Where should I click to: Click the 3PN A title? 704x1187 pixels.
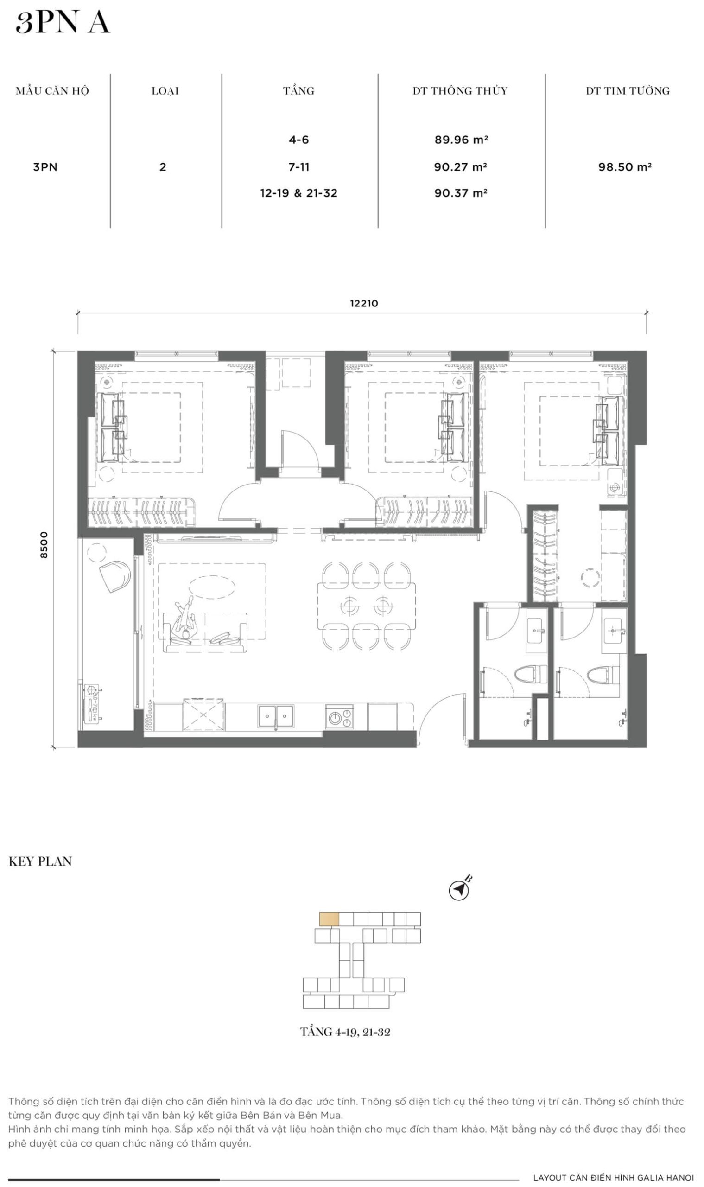coord(63,23)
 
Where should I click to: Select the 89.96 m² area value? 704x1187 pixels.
coord(461,140)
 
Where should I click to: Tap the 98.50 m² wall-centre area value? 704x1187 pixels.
coord(625,166)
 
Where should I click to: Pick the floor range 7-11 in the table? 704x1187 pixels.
coord(299,166)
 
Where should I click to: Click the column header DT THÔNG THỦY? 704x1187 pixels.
coord(460,91)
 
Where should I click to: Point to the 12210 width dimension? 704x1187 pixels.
coord(364,303)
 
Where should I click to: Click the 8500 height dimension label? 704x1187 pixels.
coord(44,545)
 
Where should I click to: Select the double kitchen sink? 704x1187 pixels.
coord(276,716)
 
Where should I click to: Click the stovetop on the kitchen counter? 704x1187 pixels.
coord(340,717)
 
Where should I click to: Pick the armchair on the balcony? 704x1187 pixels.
coord(115,576)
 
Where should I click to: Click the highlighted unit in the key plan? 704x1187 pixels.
coord(329,919)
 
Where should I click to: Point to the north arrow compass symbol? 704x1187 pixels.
coord(459,890)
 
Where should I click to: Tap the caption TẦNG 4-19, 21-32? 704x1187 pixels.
coord(345,1032)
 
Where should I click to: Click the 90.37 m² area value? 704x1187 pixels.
coord(461,193)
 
